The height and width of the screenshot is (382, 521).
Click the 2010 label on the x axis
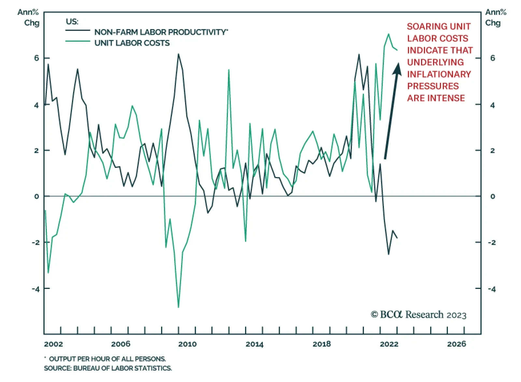point(187,344)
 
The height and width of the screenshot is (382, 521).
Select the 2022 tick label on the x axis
point(389,344)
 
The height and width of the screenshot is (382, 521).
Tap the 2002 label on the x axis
point(53,344)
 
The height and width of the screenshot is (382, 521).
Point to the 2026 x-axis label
point(456,344)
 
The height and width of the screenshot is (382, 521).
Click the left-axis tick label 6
point(36,58)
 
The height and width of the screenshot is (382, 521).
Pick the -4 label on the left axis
point(36,289)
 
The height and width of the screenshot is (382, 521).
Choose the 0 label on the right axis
point(492,196)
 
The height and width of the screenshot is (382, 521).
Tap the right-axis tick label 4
point(492,105)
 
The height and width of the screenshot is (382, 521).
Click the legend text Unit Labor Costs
point(132,43)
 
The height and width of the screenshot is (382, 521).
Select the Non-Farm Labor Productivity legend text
point(161,32)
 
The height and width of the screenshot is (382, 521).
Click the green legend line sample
point(77,41)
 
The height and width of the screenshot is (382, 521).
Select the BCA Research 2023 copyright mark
point(418,315)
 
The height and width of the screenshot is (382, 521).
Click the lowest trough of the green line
point(178,307)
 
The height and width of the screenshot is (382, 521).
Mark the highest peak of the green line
point(388,34)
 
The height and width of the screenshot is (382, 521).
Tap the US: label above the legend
point(72,22)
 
